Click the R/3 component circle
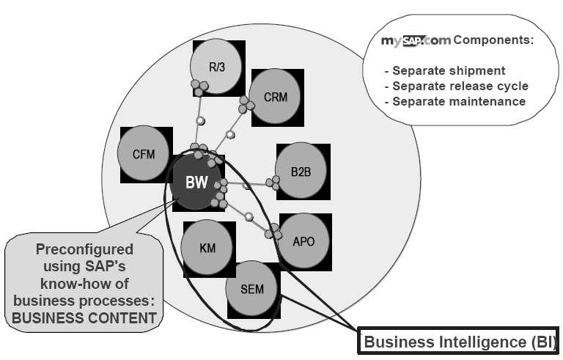click(x=216, y=67)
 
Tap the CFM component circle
click(x=145, y=155)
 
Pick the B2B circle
click(x=301, y=171)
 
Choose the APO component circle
click(x=304, y=240)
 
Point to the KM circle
click(x=207, y=248)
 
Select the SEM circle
click(x=251, y=288)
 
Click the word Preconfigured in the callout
click(x=85, y=249)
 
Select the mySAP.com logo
click(x=415, y=41)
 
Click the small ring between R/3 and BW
click(x=200, y=120)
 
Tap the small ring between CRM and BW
click(x=230, y=134)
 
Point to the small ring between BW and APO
click(x=249, y=216)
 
